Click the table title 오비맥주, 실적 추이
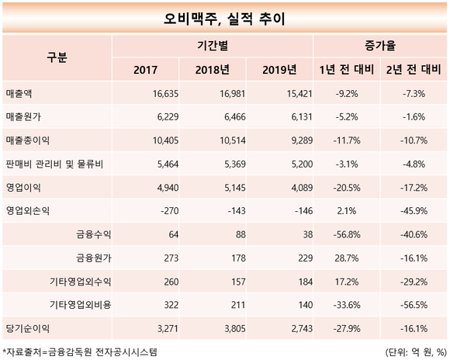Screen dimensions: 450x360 [224, 19]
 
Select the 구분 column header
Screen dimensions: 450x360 [57, 57]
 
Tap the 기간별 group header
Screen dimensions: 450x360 [213, 46]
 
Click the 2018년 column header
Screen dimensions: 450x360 [213, 70]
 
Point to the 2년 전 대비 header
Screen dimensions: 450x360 [414, 70]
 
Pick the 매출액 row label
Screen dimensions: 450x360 [19, 94]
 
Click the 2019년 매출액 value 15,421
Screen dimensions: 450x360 [299, 94]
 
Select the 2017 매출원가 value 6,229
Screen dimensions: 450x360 [168, 117]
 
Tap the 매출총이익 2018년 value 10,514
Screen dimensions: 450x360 [233, 140]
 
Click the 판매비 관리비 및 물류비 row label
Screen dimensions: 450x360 [54, 164]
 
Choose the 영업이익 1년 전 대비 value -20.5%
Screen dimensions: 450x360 [347, 188]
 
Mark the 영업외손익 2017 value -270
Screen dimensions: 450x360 [170, 211]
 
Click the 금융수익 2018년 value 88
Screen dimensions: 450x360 [240, 234]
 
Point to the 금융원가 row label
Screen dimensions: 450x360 [94, 258]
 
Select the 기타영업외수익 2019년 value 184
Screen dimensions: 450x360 [305, 282]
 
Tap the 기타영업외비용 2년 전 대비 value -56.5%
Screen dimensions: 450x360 [414, 305]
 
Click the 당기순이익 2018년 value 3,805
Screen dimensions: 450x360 [235, 328]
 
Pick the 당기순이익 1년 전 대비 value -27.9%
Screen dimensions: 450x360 [347, 328]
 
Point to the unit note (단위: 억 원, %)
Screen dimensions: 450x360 [416, 352]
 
